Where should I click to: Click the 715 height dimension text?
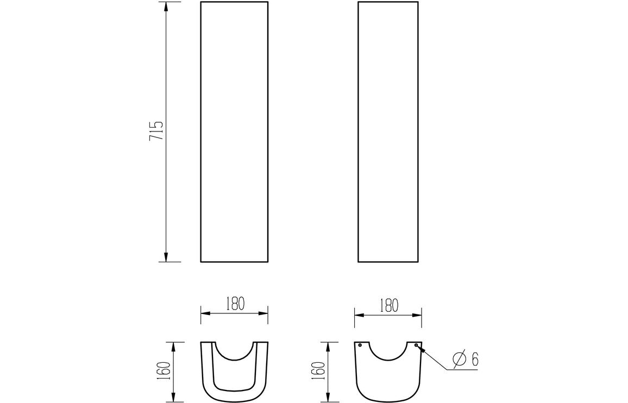tap(156, 131)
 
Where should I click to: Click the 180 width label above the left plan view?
tap(234, 303)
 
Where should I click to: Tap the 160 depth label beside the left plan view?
tap(166, 371)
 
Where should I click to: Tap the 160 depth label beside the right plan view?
tap(319, 371)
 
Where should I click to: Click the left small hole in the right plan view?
tap(360, 345)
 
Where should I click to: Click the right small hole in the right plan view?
tap(416, 345)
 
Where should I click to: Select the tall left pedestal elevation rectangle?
tap(234, 131)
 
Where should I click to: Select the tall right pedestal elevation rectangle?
tap(388, 131)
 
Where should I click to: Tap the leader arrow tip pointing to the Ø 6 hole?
tap(419, 348)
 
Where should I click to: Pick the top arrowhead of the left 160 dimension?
tap(173, 345)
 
